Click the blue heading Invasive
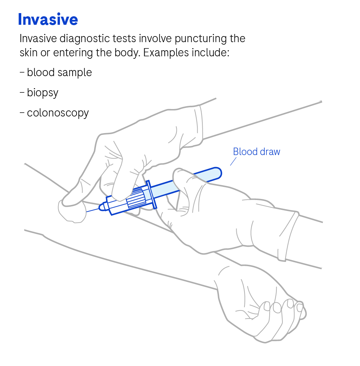48,19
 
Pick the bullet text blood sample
59,73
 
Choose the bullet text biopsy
43,93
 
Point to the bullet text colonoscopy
58,113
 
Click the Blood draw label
257,152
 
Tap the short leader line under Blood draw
233,161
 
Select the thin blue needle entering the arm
92,210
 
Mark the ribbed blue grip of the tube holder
135,199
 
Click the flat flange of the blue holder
151,194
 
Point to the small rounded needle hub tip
102,207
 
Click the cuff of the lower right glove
288,236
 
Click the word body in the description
127,53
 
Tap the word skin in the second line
28,53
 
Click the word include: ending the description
210,53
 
